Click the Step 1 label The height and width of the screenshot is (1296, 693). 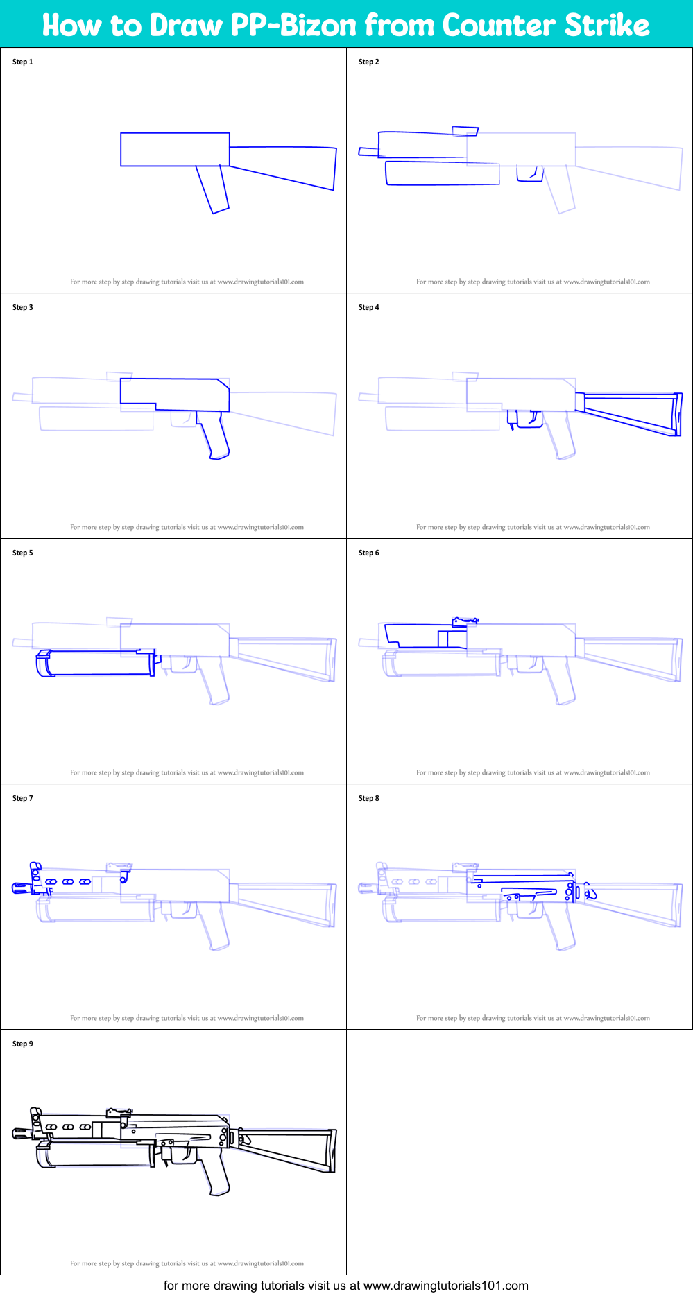pos(22,62)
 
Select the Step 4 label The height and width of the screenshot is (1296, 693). pos(368,307)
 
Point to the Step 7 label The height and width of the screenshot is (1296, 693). pos(22,798)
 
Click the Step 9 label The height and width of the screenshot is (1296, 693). pos(22,1044)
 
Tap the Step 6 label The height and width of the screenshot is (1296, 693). pos(368,553)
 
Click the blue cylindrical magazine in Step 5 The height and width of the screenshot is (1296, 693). pos(97,663)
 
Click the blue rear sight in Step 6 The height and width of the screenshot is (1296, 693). pos(463,621)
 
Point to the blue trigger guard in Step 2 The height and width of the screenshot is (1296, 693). pos(529,174)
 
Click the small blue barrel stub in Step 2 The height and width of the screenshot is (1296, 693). pos(368,151)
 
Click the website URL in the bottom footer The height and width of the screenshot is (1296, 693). pos(445,1286)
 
